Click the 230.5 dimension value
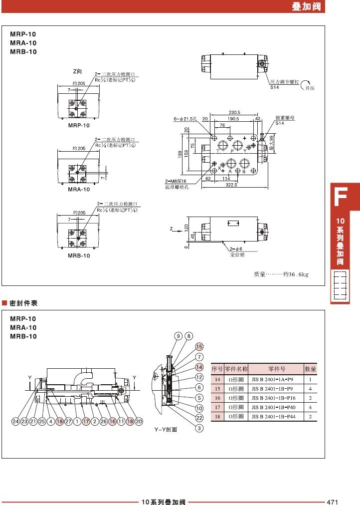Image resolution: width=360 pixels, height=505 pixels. [235, 113]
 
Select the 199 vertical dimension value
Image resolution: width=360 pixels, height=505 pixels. [180, 155]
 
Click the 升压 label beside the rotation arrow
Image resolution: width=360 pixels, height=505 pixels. [311, 88]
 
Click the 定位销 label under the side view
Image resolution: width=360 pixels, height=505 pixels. [237, 254]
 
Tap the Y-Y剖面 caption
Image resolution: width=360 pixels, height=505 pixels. [166, 429]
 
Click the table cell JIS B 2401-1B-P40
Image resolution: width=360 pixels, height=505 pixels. [276, 407]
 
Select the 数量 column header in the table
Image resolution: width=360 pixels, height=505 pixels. [311, 369]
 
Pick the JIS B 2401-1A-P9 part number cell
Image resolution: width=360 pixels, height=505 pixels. [276, 379]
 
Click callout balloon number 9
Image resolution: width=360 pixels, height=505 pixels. [178, 336]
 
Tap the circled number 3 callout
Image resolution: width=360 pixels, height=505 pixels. [199, 427]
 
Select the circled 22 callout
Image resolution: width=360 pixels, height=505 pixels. [199, 418]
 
